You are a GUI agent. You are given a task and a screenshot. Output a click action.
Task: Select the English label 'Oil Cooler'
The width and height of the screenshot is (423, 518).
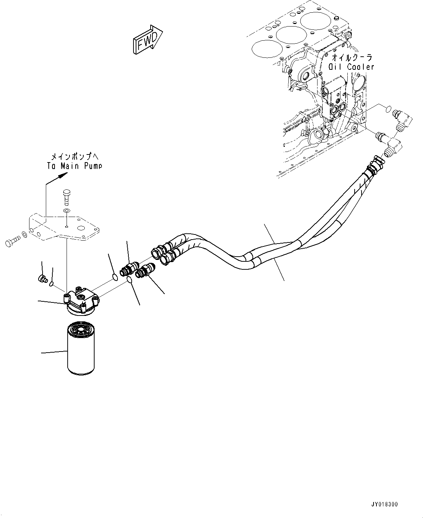[x=351, y=67]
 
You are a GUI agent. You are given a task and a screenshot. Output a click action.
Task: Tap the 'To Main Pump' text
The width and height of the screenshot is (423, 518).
[x=75, y=166]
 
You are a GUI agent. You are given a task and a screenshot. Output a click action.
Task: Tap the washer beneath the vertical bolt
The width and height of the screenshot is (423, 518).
[x=66, y=211]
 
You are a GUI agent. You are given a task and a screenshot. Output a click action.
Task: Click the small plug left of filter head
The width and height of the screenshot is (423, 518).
[x=42, y=279]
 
